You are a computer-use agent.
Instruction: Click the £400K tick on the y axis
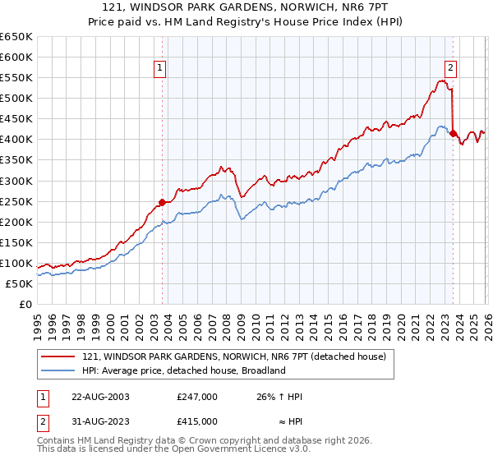(16, 140)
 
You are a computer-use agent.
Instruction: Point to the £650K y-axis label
(16, 37)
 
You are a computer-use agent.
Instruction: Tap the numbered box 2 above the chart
(451, 68)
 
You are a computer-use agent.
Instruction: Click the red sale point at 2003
(162, 202)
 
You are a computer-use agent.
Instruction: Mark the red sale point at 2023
(453, 133)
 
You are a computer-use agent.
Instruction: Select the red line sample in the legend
(59, 356)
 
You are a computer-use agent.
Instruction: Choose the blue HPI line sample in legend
(59, 370)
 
